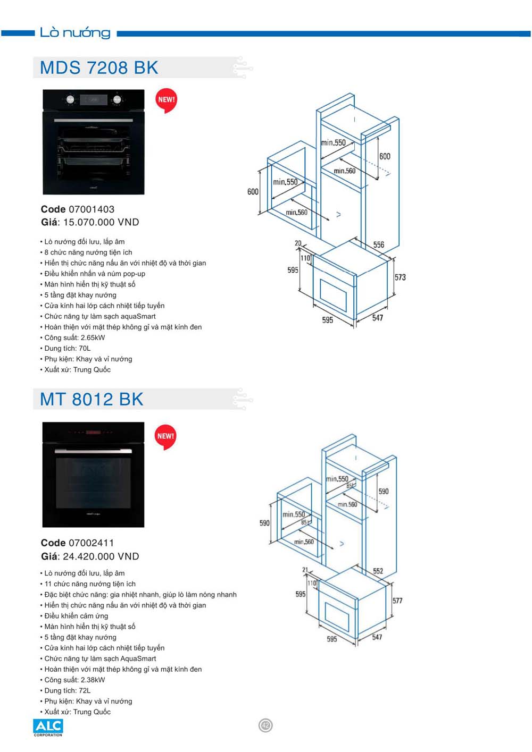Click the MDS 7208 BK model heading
coord(99,68)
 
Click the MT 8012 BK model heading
coord(92,400)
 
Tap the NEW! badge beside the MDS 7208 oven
coord(167,99)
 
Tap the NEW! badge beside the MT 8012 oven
coord(165,436)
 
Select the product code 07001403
coord(92,209)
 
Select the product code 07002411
coord(92,543)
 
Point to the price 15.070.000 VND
coord(101,223)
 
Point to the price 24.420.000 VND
coord(101,556)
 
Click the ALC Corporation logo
coord(48,727)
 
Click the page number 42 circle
coord(265,725)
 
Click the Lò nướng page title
coord(75,33)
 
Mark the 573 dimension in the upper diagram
coord(400,277)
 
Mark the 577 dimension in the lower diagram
coord(397,601)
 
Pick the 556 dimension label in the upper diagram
coord(378,245)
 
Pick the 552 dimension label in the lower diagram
coord(378,571)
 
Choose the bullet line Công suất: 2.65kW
coord(74,337)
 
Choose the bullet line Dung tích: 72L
coord(68,690)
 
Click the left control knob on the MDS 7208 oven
coord(70,99)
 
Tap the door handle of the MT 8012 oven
coord(93,450)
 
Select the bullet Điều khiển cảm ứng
coord(76,616)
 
